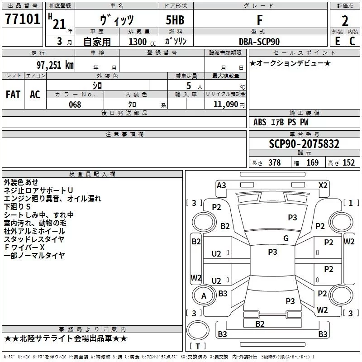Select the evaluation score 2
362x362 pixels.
pos(345,20)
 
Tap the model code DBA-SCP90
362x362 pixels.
pos(259,42)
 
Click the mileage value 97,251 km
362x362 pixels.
pos(55,65)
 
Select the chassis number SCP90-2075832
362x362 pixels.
pos(304,144)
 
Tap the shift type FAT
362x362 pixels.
pos(13,95)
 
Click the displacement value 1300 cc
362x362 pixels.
pos(141,42)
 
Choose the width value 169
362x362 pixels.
pos(313,163)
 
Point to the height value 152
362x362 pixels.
pos(348,163)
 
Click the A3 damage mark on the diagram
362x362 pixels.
pos(221,185)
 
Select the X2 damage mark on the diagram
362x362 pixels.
pos(323,185)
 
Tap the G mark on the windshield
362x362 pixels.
pos(286,238)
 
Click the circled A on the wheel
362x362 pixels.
pos(204,296)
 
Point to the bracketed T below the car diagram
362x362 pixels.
pos(198,347)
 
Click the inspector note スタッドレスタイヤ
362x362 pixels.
pos(34,239)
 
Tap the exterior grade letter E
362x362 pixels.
pos(337,42)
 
